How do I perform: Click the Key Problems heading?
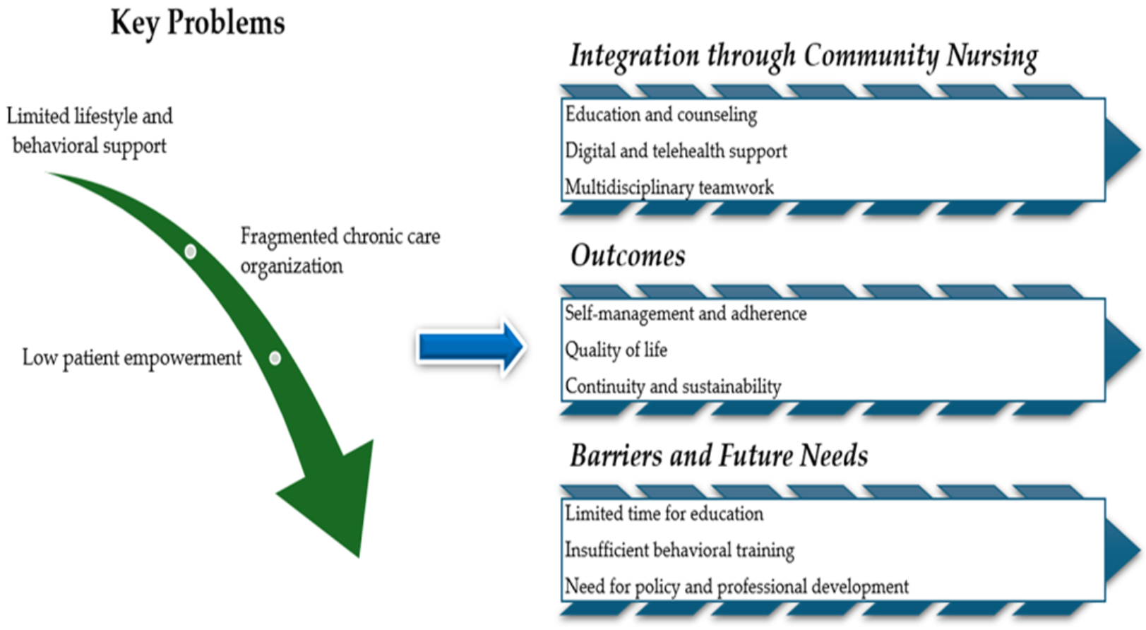tap(198, 23)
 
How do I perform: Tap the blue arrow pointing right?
tap(471, 347)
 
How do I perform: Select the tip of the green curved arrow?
tap(359, 557)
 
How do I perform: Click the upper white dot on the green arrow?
tap(191, 251)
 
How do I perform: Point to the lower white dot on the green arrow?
tap(275, 358)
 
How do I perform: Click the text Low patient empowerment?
tap(131, 358)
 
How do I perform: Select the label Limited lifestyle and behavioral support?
tap(90, 131)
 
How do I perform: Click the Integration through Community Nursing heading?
tap(804, 57)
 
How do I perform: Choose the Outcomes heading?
tap(628, 256)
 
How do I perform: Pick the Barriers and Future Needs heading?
tap(719, 456)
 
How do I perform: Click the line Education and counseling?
tap(660, 114)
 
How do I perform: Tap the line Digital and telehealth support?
tap(676, 151)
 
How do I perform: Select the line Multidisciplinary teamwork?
tap(669, 187)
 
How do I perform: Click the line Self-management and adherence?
tap(686, 314)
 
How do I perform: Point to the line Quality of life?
tap(616, 350)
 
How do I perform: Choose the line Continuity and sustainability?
tap(673, 386)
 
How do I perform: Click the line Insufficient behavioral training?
tap(679, 550)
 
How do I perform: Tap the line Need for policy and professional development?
tap(736, 586)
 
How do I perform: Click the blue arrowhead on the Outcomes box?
tap(1121, 350)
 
